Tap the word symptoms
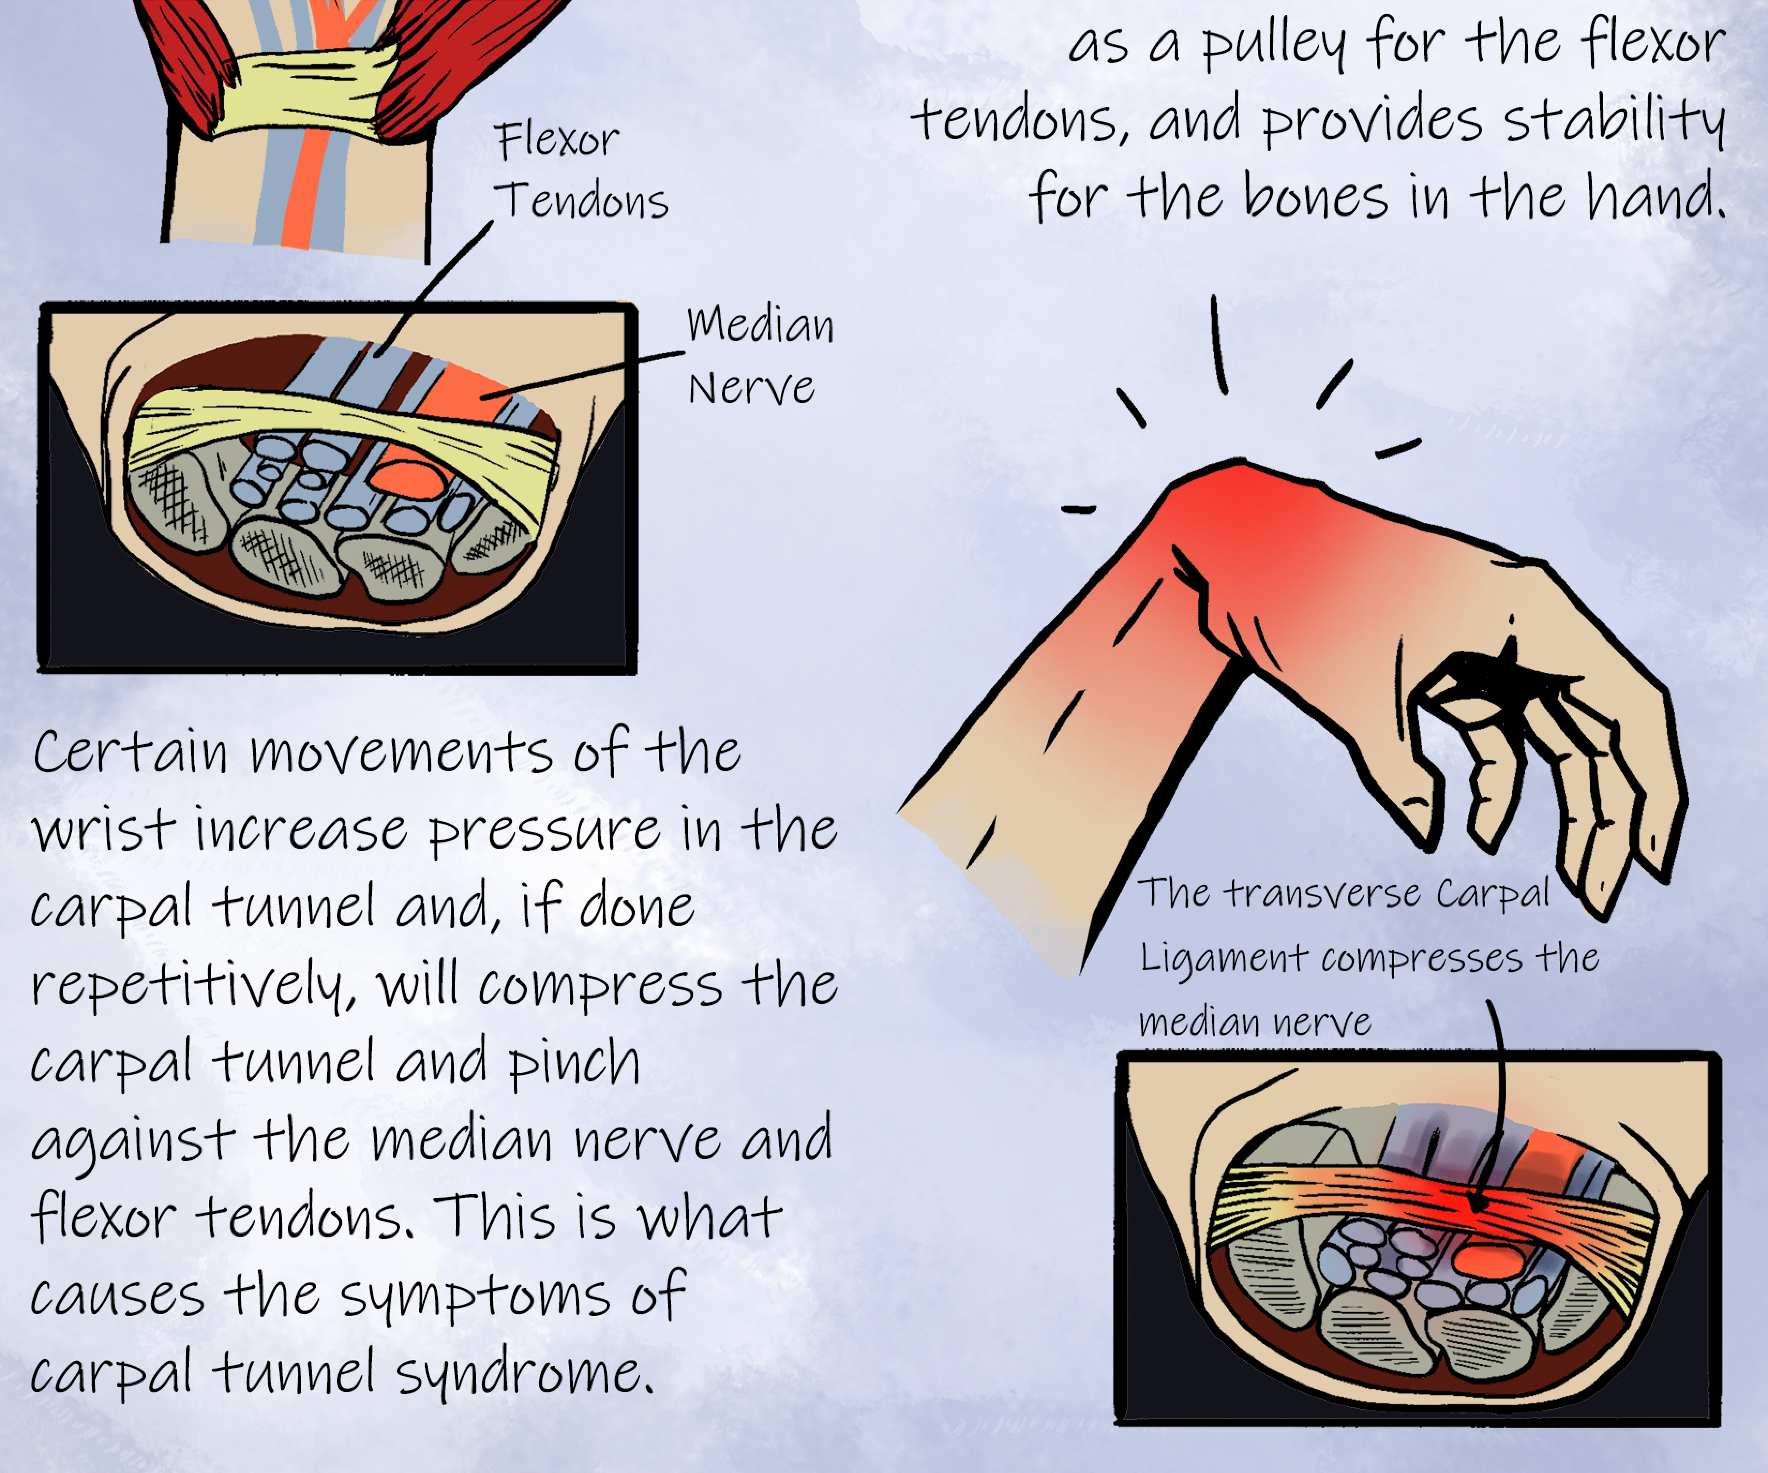coord(476,1297)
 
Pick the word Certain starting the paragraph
coord(131,752)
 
